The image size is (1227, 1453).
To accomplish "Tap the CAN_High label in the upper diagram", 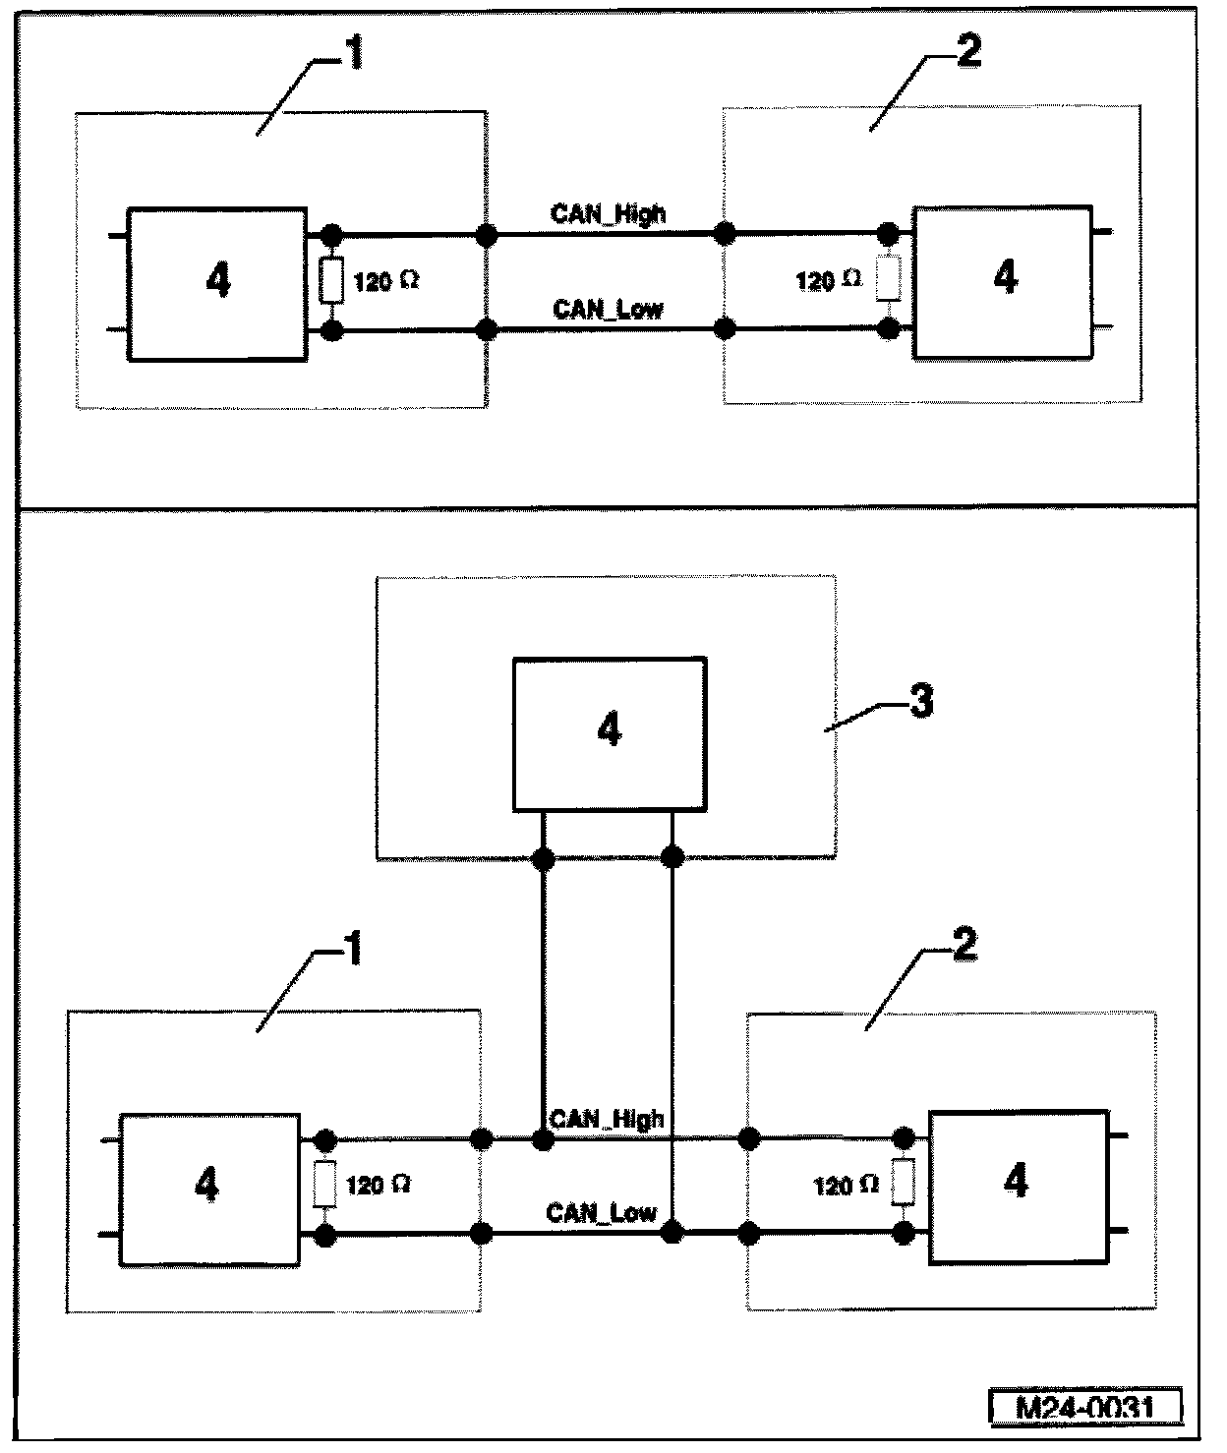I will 608,214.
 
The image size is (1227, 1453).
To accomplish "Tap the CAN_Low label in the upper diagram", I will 608,310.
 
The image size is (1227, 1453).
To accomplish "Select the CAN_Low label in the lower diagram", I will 601,1212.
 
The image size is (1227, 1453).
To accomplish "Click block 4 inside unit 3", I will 610,732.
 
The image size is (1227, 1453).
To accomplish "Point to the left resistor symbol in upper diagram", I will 332,282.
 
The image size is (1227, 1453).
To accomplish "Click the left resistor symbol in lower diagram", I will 325,1185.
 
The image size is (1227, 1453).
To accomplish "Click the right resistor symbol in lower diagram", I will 903,1183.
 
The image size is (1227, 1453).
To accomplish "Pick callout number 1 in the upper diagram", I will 352,54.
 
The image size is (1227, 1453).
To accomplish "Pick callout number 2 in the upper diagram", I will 967,52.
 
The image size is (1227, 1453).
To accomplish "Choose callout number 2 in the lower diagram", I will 965,946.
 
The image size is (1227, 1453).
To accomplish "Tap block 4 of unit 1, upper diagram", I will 217,283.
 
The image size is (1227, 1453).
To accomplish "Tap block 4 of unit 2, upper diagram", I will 1004,280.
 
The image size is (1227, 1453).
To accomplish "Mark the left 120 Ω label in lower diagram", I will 378,1185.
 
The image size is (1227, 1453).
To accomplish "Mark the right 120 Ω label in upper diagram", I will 828,282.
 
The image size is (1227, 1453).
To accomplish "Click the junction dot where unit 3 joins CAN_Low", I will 672,1232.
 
